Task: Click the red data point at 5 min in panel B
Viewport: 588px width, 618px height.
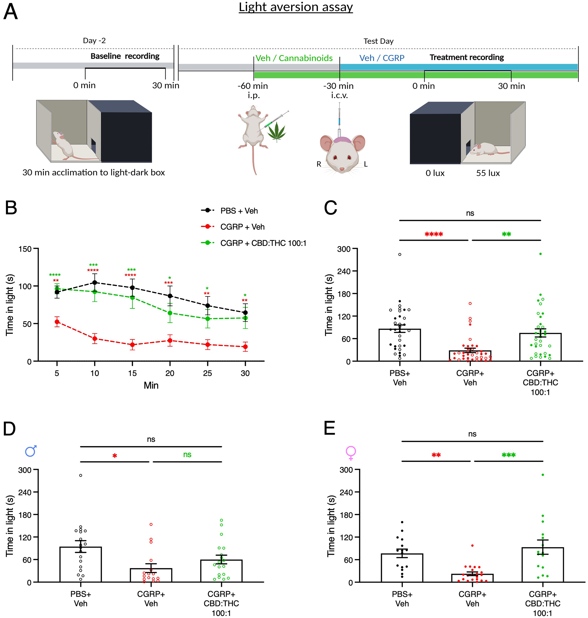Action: (57, 322)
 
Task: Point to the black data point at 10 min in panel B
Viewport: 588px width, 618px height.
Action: (95, 282)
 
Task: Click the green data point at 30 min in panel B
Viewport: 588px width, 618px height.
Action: (245, 318)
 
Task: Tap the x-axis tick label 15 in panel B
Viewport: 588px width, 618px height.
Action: (132, 373)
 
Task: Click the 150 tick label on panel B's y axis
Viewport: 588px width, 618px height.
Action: (25, 249)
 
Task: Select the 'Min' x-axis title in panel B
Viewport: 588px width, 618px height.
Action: (151, 385)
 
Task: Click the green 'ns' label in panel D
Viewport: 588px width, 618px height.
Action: (187, 454)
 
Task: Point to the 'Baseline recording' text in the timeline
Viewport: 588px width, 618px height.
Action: (125, 56)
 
